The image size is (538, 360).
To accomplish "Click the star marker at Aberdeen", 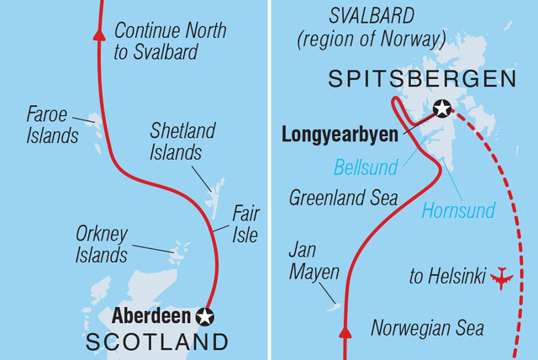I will [204, 316].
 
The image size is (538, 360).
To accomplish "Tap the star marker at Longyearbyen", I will [441, 109].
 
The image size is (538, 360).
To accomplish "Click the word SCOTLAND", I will [158, 342].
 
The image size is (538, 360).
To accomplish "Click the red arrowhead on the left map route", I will [100, 34].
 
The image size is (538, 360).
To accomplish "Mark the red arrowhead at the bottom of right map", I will [344, 335].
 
